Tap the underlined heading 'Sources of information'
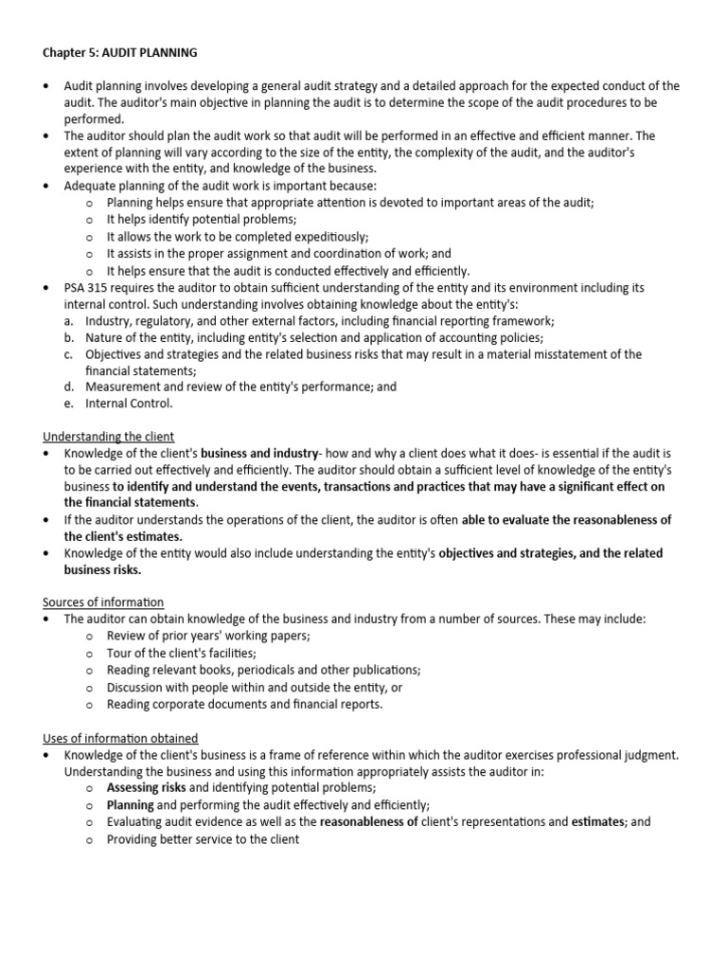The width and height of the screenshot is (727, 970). [x=103, y=602]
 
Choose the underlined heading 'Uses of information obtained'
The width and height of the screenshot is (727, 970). [x=120, y=738]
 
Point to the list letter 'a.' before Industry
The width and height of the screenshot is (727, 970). [x=69, y=320]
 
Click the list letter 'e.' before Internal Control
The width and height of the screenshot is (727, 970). [x=69, y=403]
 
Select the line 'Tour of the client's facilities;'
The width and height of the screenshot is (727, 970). [x=182, y=653]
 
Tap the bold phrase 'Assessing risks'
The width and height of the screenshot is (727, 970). [x=147, y=788]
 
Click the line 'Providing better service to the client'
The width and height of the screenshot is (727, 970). [x=203, y=839]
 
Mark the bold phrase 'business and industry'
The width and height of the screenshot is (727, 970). [x=258, y=453]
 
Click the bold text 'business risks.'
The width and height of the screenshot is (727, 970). [x=102, y=570]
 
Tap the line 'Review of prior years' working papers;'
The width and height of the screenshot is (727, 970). [x=208, y=636]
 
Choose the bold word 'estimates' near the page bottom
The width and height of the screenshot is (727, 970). [x=596, y=822]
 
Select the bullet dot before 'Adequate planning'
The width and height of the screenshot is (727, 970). [x=46, y=187]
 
